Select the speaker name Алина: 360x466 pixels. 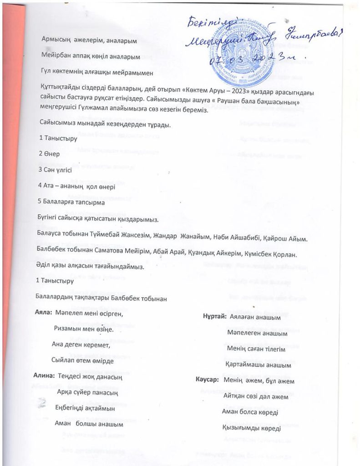(43, 376)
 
